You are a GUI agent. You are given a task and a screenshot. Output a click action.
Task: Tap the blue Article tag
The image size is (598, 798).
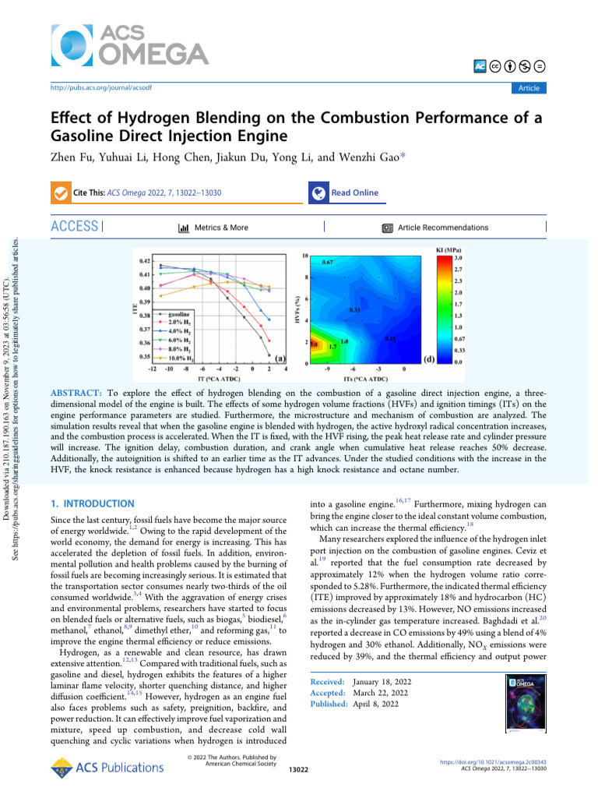point(529,88)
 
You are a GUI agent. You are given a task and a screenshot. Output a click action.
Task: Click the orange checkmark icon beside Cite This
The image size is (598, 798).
point(59,192)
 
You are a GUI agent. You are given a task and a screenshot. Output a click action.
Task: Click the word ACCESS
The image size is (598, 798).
point(75,228)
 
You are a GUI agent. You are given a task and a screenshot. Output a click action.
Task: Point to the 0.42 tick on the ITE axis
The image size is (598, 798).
point(145,260)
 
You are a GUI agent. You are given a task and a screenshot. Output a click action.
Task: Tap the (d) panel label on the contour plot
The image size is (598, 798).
point(429,359)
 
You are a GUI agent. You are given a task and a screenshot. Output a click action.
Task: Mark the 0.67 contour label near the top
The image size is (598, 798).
point(327,263)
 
